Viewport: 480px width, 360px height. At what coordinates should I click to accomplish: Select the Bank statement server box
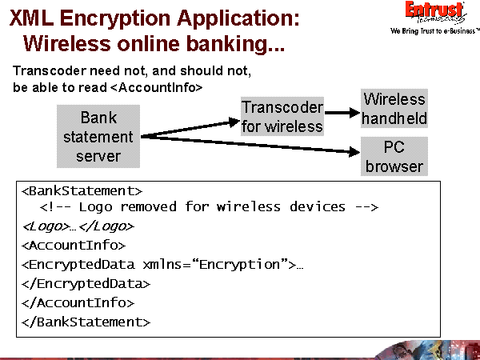(x=98, y=137)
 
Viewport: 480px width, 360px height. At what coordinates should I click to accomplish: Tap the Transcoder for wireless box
(x=282, y=117)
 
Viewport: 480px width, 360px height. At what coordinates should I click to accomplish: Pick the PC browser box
(x=394, y=157)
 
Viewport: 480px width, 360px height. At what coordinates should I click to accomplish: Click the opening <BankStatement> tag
(x=82, y=190)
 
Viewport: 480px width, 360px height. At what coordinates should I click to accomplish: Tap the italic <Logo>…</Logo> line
(x=78, y=226)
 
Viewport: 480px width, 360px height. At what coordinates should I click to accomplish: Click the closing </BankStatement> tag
(x=86, y=322)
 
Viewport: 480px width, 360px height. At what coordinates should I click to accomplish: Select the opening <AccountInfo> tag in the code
(x=74, y=246)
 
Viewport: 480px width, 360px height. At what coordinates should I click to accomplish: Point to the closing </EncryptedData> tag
(x=86, y=283)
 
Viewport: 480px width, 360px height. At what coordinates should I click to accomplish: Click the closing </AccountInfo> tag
(x=78, y=302)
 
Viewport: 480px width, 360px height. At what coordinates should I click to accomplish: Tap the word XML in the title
(x=33, y=16)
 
